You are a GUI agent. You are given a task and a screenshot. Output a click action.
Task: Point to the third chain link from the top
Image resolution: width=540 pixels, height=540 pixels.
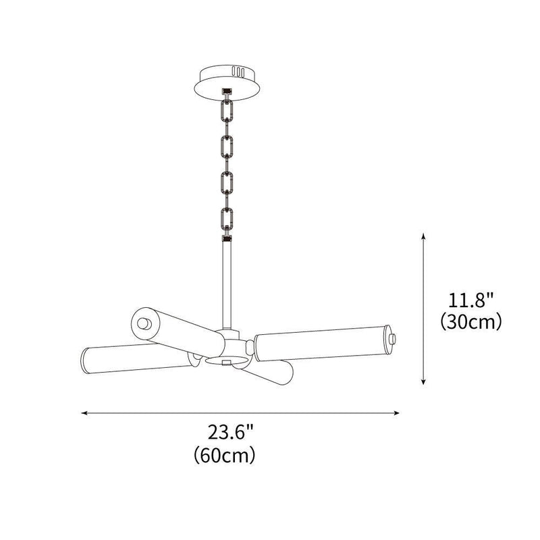pyautogui.click(x=227, y=182)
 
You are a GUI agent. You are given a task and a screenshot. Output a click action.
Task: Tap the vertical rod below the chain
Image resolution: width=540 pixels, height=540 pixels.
pyautogui.click(x=227, y=283)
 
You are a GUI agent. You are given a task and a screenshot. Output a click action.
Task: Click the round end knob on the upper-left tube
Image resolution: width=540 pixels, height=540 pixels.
pyautogui.click(x=142, y=323)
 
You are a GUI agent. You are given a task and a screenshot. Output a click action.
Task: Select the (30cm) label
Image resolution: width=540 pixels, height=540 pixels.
pyautogui.click(x=469, y=322)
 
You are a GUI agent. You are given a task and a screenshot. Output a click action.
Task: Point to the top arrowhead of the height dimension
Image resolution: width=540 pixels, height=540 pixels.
pyautogui.click(x=423, y=236)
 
